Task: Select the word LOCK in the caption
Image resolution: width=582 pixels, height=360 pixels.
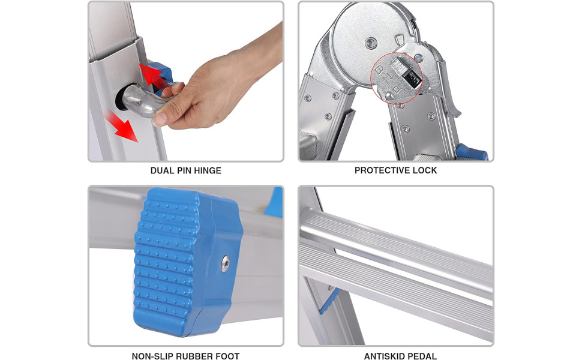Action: (x=425, y=170)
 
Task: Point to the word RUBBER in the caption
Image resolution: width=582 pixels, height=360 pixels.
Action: (x=196, y=356)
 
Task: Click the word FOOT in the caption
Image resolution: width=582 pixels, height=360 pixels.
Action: (x=227, y=356)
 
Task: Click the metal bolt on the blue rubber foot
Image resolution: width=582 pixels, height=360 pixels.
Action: (x=225, y=264)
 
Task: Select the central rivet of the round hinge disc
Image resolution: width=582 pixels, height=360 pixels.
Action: (x=370, y=43)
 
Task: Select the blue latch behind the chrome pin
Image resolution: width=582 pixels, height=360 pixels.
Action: (x=163, y=77)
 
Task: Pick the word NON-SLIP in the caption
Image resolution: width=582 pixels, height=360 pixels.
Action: (x=154, y=356)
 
